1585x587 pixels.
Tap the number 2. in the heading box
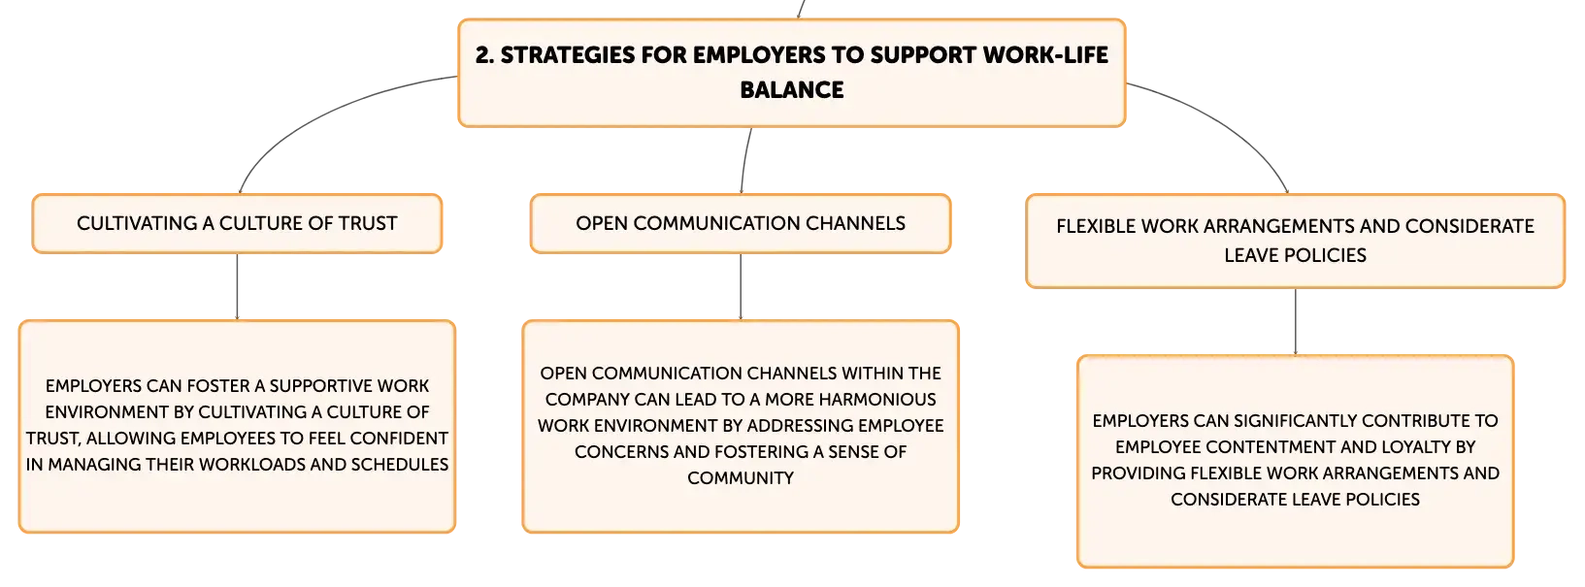click(484, 55)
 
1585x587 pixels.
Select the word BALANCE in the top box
click(792, 90)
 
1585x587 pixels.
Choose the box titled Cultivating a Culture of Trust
click(237, 223)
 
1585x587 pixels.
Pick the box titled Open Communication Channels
click(741, 223)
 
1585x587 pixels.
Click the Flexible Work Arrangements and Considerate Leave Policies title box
click(1295, 242)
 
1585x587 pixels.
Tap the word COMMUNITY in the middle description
click(741, 478)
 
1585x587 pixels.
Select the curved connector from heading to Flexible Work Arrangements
click(1224, 124)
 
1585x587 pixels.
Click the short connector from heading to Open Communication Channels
click(744, 160)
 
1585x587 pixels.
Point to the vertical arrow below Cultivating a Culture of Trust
click(237, 286)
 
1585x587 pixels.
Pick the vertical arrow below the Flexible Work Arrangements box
click(1296, 322)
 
